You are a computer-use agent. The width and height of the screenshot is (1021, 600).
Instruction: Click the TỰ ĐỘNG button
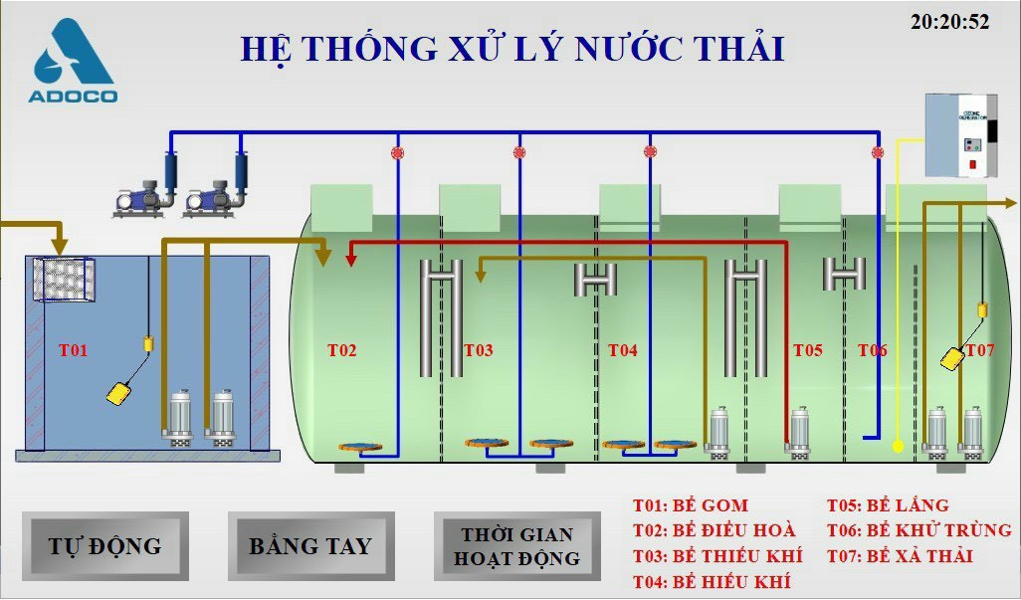tap(104, 545)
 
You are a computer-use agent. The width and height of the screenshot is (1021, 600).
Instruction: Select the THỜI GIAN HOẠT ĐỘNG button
tap(516, 546)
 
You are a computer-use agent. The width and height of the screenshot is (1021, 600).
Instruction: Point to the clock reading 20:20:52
tap(949, 22)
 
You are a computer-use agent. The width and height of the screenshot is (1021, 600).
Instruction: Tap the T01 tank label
tap(73, 350)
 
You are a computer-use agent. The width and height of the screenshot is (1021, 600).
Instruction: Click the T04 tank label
tap(622, 350)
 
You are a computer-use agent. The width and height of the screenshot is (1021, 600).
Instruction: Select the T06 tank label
tap(872, 350)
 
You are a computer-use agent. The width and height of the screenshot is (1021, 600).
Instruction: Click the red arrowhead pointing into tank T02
tap(351, 260)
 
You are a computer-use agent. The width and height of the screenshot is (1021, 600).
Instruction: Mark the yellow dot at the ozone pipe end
tap(898, 447)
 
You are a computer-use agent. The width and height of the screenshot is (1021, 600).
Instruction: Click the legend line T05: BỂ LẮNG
tap(888, 505)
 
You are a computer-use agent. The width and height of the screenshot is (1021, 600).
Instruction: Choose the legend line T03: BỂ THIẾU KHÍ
tap(716, 556)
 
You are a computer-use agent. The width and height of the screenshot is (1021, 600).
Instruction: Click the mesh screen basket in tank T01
tap(65, 281)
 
